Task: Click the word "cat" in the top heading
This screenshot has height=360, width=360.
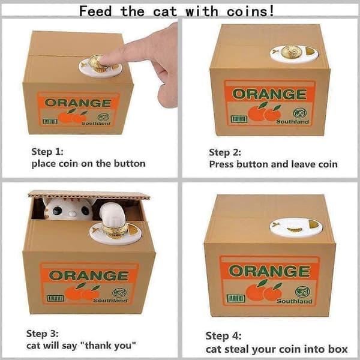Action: (x=165, y=11)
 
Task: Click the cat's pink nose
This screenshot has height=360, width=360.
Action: (x=73, y=214)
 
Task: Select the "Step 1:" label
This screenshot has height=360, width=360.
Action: (x=47, y=152)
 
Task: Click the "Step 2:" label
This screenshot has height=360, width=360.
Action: (x=225, y=152)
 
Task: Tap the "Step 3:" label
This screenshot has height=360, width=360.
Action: (x=42, y=334)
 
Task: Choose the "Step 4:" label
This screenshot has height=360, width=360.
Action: (x=223, y=336)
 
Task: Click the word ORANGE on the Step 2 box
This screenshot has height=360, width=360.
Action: (x=269, y=94)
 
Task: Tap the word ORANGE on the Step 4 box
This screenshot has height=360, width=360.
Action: (x=269, y=271)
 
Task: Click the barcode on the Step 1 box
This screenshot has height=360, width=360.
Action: (x=50, y=121)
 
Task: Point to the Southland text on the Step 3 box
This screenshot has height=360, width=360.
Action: (x=110, y=301)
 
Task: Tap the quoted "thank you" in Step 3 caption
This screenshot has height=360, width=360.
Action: (x=108, y=346)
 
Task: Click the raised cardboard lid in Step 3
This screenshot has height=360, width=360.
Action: (x=89, y=194)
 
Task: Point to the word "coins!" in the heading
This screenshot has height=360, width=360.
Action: (x=250, y=11)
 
